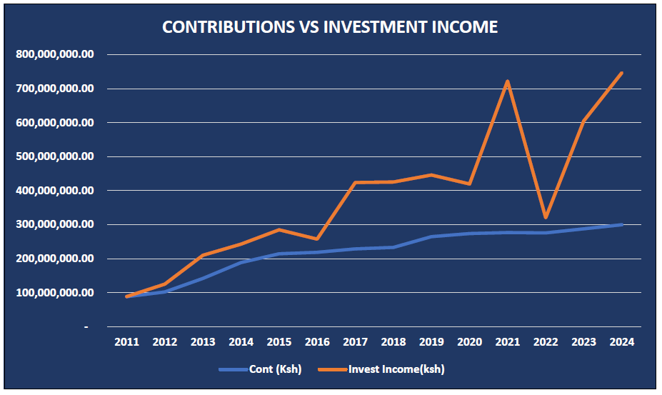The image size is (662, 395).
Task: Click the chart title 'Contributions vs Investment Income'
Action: (330, 27)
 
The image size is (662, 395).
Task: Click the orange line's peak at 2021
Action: (507, 81)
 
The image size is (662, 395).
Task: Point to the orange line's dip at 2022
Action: (546, 217)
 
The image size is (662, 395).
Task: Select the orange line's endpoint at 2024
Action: (622, 73)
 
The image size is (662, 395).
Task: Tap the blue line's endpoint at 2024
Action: (622, 224)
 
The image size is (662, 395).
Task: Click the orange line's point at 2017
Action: (355, 183)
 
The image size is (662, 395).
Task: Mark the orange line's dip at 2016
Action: (316, 239)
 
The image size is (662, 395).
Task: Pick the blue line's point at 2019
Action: (431, 236)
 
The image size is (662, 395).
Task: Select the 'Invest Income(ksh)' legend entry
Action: (396, 369)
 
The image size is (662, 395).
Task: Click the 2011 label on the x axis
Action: (126, 343)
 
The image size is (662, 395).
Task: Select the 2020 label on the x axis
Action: (469, 343)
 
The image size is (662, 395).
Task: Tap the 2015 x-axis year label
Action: (279, 343)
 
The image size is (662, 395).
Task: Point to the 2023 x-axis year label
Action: (583, 343)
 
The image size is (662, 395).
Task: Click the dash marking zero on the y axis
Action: (86, 327)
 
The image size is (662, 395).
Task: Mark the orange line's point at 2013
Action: (202, 256)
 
